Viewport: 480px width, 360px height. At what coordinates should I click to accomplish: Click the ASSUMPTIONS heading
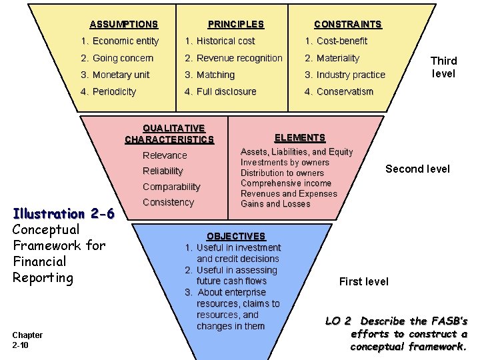(123, 25)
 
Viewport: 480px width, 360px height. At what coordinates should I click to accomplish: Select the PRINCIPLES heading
(236, 25)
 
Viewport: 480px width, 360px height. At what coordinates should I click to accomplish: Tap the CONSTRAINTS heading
(348, 25)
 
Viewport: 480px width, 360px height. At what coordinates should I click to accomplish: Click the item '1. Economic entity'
(119, 41)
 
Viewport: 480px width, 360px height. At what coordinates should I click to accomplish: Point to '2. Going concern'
(117, 59)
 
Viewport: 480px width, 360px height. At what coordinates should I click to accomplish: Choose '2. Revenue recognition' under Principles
(234, 59)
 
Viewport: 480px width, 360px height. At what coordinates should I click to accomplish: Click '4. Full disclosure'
(221, 92)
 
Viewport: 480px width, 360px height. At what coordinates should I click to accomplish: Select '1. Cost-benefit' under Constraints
(336, 41)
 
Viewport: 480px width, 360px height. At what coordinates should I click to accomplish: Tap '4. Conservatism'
(339, 92)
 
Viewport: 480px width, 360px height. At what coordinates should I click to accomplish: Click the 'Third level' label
(443, 67)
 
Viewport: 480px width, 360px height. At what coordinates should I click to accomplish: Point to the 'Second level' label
(417, 169)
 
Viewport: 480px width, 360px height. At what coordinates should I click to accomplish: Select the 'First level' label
(364, 281)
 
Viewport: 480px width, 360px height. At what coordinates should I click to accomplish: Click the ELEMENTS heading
(300, 138)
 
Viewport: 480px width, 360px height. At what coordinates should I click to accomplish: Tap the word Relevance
(165, 155)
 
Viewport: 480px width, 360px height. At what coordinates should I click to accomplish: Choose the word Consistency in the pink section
(168, 202)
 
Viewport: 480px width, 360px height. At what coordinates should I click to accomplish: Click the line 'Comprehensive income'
(286, 183)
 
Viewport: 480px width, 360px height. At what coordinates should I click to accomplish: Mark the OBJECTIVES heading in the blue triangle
(236, 237)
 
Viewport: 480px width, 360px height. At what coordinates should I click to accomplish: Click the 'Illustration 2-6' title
(64, 214)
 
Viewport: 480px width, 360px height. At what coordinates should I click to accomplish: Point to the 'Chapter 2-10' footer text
(28, 339)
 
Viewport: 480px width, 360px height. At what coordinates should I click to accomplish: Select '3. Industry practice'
(345, 75)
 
